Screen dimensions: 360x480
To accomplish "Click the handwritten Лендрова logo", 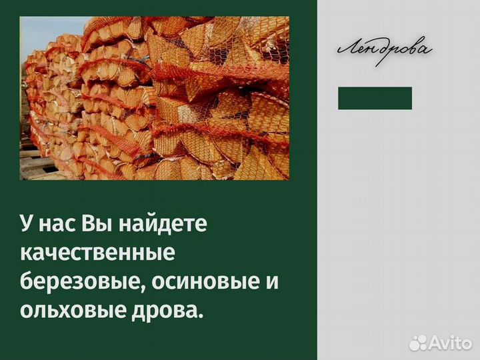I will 385,50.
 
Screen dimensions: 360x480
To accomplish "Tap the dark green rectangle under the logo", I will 375,98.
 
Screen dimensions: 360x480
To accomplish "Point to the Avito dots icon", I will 417,343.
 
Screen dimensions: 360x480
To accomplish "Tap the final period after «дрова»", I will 199,315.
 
